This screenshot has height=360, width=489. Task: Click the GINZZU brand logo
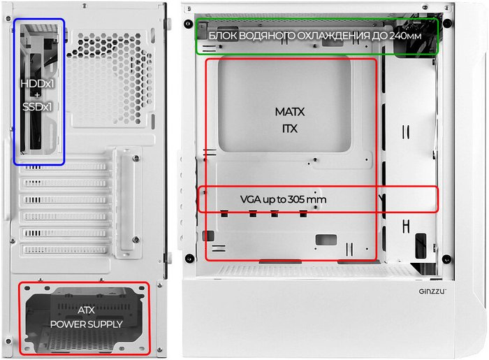pos(432,291)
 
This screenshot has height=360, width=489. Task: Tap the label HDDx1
pos(38,84)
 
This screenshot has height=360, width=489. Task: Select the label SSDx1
pos(37,107)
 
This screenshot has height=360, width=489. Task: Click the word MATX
pos(290,112)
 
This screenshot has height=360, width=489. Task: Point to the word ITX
pos(290,129)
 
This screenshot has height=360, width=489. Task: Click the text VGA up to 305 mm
pos(283,199)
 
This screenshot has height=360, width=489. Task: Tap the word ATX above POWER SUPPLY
pos(86,310)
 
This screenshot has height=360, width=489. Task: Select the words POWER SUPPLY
pos(87,324)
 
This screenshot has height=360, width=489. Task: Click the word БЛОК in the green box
pos(223,36)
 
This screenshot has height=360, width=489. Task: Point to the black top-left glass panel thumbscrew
pos(188,24)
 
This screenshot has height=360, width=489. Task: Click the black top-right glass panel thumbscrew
pos(447,23)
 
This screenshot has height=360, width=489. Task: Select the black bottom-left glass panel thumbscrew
pos(189,259)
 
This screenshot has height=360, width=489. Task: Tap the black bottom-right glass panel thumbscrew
pos(447,259)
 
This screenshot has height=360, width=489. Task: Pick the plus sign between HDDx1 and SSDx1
pos(37,95)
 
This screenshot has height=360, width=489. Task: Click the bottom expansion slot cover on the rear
pos(65,250)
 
